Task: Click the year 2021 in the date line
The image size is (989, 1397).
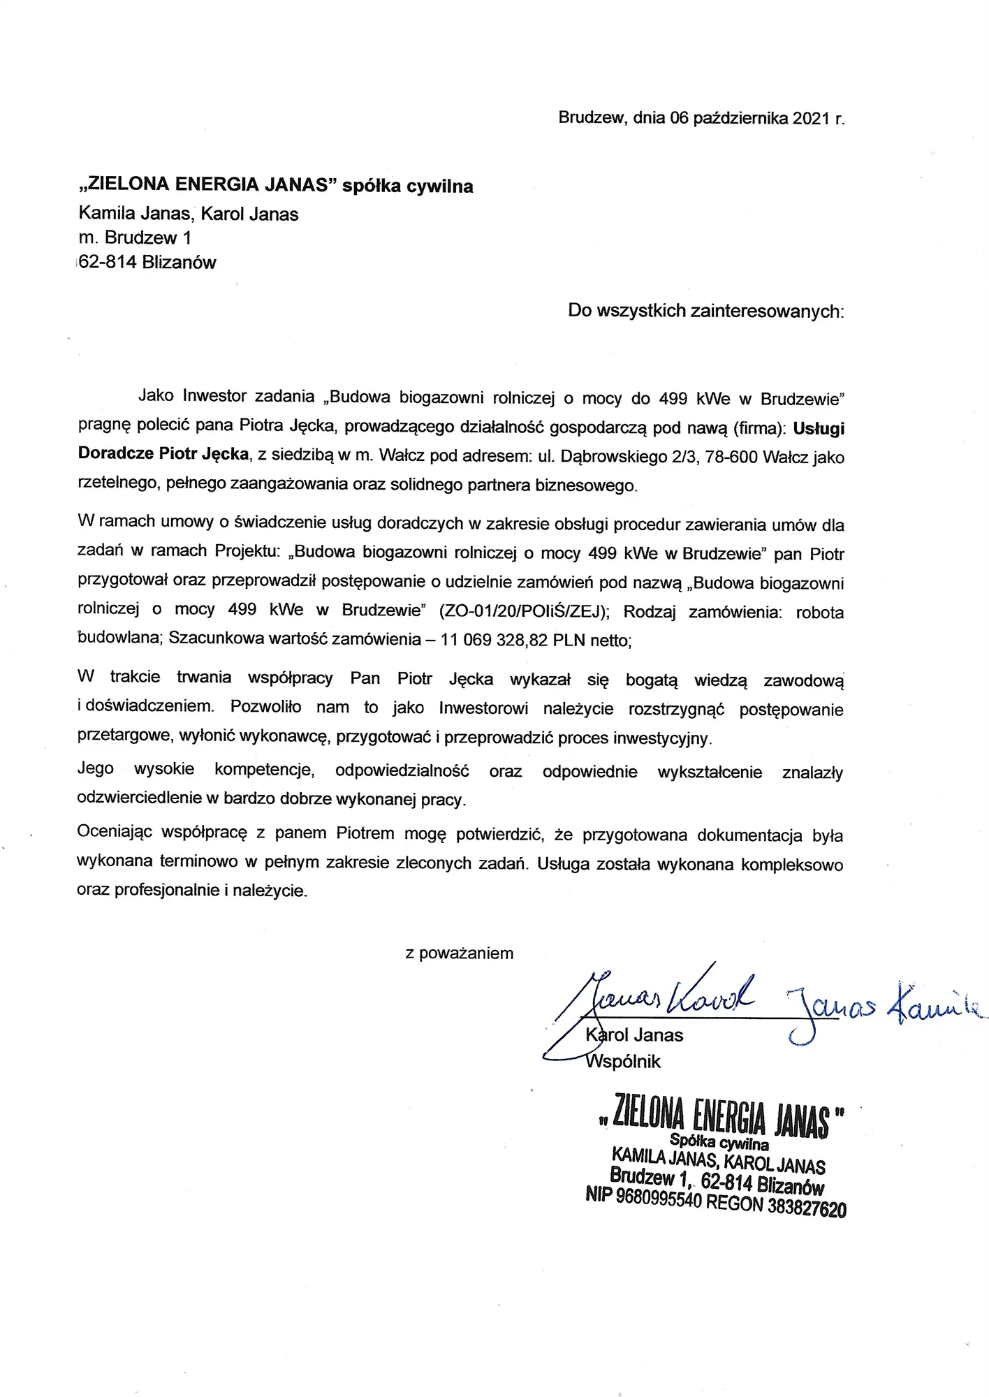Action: click(811, 118)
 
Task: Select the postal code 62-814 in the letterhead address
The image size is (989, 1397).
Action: click(108, 263)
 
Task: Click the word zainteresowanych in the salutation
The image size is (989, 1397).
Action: click(767, 311)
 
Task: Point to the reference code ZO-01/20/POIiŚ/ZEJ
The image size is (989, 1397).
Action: click(524, 611)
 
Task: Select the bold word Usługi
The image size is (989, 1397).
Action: click(819, 428)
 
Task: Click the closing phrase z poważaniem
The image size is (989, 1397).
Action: click(459, 953)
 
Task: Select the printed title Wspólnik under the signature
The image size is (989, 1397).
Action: click(623, 1062)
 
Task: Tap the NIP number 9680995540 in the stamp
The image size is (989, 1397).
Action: click(658, 1199)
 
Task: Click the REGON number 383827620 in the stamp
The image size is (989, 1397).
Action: click(807, 1207)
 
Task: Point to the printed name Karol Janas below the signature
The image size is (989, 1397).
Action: click(633, 1035)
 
